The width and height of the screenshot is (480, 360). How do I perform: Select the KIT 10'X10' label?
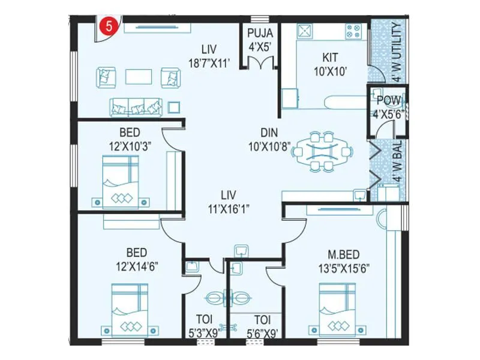[329, 64]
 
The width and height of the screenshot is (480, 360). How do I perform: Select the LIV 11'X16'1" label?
[228, 200]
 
